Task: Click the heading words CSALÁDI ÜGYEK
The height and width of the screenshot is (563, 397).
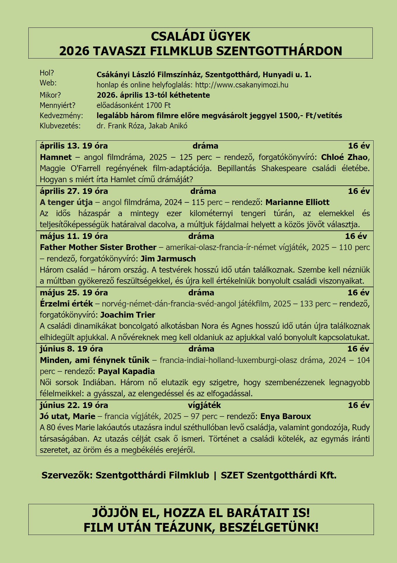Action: point(200,37)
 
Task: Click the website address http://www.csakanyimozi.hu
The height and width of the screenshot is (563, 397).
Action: point(242,85)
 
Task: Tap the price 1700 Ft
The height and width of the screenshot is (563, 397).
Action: point(158,105)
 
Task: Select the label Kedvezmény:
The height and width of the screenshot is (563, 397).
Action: point(61,116)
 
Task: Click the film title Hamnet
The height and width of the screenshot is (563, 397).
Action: point(56,157)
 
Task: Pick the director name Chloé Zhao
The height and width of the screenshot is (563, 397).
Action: point(344,157)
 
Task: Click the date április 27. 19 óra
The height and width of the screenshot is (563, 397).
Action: point(74,191)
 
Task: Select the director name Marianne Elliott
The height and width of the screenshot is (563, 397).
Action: point(297,202)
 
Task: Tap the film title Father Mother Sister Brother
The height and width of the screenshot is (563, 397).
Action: point(98,247)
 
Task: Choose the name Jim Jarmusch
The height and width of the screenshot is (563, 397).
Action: point(168,259)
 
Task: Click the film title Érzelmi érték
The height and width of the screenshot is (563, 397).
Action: point(66,304)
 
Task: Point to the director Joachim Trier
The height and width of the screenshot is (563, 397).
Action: point(128,315)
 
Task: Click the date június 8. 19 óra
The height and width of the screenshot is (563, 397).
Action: point(71,349)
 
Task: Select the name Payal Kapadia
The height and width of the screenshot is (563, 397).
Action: point(126,371)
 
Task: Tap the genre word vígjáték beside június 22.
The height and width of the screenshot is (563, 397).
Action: point(204,405)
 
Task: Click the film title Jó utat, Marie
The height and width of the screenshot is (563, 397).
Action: point(68,416)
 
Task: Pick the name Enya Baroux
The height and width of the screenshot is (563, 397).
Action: point(286,416)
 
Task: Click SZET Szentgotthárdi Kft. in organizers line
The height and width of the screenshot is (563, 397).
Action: point(278,475)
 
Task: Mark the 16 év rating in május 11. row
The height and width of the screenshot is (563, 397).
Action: point(356,236)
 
